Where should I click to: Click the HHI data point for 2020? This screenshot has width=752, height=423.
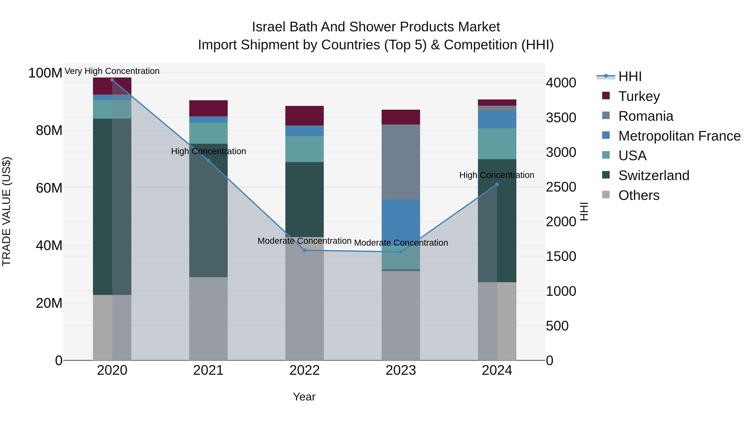click(112, 80)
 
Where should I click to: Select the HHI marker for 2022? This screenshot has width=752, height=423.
click(305, 250)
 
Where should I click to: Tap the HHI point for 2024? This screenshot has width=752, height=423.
click(497, 184)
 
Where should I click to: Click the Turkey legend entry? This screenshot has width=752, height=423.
click(639, 96)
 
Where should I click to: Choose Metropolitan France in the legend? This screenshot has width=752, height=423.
click(679, 136)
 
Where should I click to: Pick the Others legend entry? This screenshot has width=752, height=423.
click(639, 195)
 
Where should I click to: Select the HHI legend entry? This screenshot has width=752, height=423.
click(630, 76)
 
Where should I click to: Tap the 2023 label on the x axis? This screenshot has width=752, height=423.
click(400, 370)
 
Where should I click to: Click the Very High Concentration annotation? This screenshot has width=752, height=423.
click(112, 71)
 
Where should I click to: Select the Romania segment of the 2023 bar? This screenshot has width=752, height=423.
click(400, 162)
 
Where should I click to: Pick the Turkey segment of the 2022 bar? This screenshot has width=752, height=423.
click(305, 116)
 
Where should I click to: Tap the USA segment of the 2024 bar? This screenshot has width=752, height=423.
click(497, 144)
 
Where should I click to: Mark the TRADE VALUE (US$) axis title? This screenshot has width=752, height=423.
click(6, 211)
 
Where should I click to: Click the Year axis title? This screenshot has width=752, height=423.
click(304, 397)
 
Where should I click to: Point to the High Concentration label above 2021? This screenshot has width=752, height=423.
click(208, 151)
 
